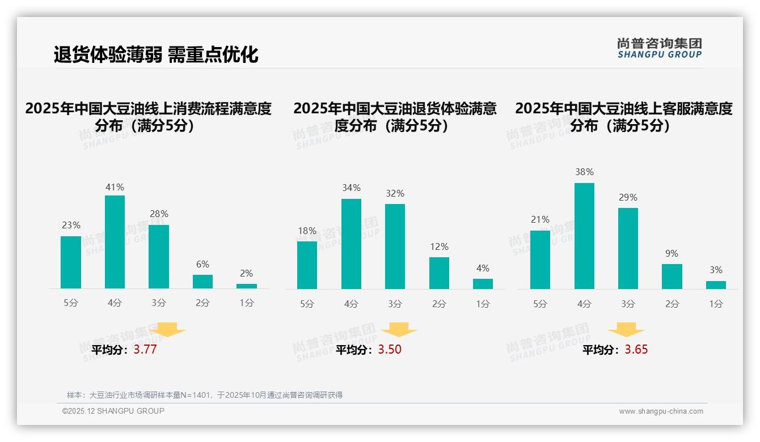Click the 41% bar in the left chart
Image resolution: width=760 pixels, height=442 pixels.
tap(115, 242)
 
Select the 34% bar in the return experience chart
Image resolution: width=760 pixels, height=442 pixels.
tap(351, 244)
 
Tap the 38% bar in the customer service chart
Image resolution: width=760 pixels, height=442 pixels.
tap(584, 236)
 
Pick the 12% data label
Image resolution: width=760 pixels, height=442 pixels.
tap(439, 247)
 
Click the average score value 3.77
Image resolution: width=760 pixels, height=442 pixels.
tap(145, 350)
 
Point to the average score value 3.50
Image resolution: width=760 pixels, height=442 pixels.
tap(390, 350)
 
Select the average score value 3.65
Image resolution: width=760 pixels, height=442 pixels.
tap(636, 350)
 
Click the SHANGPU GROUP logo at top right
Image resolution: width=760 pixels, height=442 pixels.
tap(659, 48)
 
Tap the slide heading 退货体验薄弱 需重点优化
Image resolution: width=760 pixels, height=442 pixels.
tap(156, 54)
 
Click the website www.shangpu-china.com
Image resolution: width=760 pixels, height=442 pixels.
tap(661, 411)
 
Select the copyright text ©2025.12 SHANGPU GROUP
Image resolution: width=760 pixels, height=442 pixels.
tap(113, 411)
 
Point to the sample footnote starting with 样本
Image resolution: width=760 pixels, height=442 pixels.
tap(205, 395)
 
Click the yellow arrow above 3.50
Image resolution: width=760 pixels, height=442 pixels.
tap(399, 330)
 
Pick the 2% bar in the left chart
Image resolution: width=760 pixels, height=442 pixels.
tap(247, 286)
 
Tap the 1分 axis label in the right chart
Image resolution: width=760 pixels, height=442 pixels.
tap(716, 304)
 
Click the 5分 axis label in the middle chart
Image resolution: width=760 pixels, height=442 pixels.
tap(307, 304)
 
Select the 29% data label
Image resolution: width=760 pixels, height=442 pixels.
tap(628, 198)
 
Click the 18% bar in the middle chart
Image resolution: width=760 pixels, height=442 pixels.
tap(307, 265)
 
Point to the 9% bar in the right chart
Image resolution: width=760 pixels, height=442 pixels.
tap(672, 277)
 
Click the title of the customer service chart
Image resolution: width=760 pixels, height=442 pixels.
tap(623, 117)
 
